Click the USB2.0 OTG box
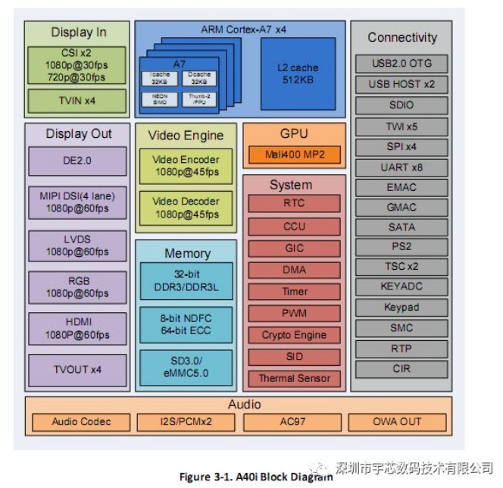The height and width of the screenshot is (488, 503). tap(402, 64)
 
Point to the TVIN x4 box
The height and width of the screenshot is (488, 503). tap(77, 100)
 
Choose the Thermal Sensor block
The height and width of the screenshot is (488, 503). tap(294, 378)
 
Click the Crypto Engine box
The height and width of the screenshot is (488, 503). tap(294, 335)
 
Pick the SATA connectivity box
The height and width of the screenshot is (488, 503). tap(402, 227)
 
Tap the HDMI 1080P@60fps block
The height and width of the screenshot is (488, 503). tap(78, 328)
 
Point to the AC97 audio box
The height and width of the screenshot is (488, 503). tap(295, 422)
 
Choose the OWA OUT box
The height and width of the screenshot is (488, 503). tap(397, 422)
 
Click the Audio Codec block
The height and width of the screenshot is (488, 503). tap(81, 422)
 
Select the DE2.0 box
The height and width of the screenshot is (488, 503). tap(78, 161)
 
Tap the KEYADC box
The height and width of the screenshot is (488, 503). tap(402, 287)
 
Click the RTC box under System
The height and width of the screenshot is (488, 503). tap(294, 203)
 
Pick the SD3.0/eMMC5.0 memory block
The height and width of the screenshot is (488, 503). tap(185, 367)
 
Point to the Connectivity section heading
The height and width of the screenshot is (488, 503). tap(402, 37)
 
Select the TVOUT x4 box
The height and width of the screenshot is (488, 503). tap(78, 370)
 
